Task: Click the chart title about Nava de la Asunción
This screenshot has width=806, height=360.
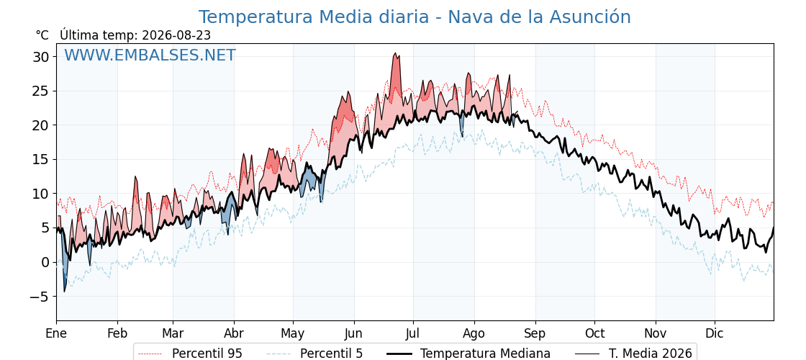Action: click(415, 17)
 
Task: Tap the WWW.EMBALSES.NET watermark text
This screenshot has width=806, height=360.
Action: click(150, 55)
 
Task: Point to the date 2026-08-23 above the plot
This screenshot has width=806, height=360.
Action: click(176, 35)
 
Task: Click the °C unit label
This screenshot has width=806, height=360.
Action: click(42, 35)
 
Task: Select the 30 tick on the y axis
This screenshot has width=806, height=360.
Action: click(41, 57)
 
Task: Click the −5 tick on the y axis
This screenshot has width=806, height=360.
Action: click(39, 297)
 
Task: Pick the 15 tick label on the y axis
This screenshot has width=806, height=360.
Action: click(41, 159)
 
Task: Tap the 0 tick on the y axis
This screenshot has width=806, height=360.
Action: click(45, 262)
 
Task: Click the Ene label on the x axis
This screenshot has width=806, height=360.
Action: click(57, 333)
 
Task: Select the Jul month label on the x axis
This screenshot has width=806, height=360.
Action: click(413, 333)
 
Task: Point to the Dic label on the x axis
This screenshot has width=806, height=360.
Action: click(715, 333)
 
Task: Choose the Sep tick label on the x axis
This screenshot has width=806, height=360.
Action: click(535, 333)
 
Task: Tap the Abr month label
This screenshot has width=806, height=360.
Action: click(234, 333)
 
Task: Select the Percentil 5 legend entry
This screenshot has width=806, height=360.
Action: click(314, 354)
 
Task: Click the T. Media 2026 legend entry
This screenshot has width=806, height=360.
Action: click(633, 354)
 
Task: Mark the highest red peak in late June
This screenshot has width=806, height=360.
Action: click(395, 53)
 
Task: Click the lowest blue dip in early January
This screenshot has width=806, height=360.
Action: click(64, 291)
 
